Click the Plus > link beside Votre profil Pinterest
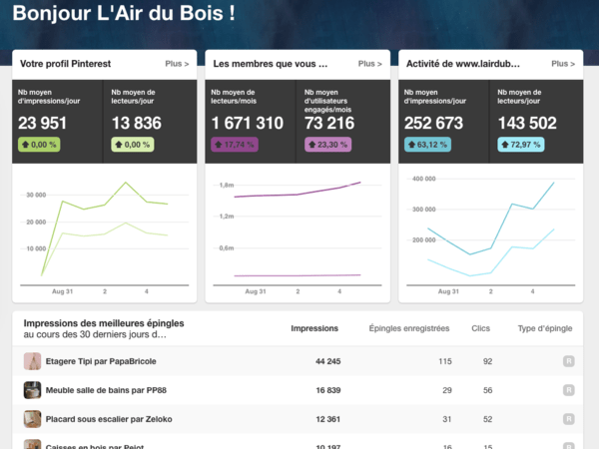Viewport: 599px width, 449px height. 177,63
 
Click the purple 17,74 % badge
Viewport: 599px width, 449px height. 234,145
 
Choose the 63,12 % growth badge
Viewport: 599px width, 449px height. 426,145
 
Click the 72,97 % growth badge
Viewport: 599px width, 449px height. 520,145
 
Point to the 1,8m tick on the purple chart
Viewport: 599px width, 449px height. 226,185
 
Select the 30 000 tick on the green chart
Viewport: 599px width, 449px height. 36,195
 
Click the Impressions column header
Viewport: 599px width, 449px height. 314,328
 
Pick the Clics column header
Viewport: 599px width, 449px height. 481,328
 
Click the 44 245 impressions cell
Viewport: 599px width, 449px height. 327,361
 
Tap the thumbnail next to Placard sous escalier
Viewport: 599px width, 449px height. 32,419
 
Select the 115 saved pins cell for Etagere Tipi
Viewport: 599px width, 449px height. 445,361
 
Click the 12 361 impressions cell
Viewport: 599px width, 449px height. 327,419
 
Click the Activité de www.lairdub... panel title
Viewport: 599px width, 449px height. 448,63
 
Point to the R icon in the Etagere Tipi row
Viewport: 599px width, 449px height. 568,361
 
